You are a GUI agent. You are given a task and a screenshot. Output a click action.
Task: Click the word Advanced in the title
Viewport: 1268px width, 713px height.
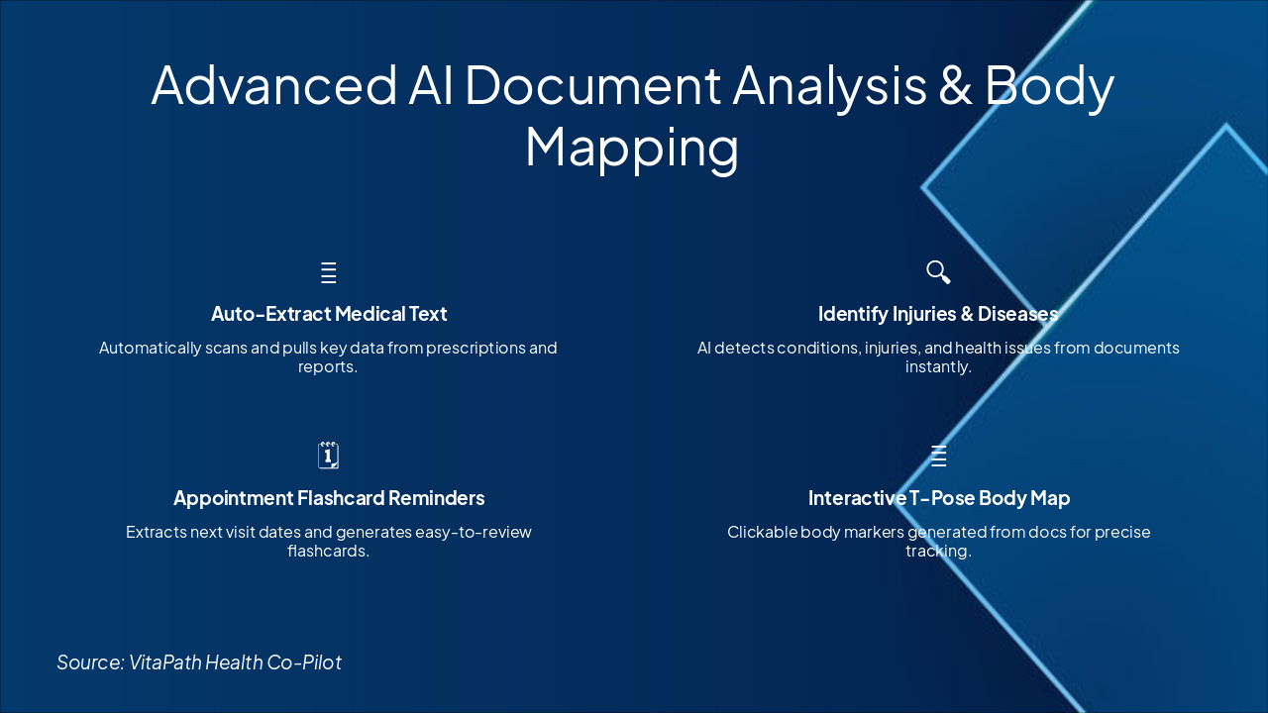coord(273,85)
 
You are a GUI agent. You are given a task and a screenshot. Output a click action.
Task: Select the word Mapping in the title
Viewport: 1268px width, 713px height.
coord(632,147)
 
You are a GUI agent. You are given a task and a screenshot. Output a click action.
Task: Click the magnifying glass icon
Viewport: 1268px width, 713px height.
coord(938,272)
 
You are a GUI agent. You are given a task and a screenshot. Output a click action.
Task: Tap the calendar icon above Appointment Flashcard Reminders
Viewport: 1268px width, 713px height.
coord(328,456)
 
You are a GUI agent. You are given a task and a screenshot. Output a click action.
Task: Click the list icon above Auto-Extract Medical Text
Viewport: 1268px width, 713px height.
coord(329,273)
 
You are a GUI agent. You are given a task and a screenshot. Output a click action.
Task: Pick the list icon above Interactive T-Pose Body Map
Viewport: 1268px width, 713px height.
coord(939,457)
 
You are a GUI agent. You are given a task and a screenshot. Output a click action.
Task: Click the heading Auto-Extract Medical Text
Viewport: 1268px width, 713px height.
coord(329,314)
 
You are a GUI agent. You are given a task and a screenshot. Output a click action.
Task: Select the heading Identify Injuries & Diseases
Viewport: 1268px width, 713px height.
coord(938,314)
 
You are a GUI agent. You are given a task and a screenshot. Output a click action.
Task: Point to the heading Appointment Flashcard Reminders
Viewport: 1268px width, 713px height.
coord(329,498)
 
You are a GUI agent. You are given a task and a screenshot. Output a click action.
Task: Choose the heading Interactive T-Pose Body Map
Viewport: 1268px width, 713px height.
coord(939,498)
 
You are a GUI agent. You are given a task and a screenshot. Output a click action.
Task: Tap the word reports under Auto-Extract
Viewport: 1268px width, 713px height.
coord(327,367)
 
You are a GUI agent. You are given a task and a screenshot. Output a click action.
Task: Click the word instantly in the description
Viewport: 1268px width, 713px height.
coord(939,367)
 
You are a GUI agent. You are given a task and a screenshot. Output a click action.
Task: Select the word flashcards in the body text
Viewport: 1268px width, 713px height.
coord(328,552)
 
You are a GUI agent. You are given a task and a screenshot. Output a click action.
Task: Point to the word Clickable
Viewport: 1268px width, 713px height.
coord(762,533)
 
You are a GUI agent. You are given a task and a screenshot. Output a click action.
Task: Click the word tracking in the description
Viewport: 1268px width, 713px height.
coord(937,552)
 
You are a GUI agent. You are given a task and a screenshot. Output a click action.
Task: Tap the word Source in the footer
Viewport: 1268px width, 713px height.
coord(90,662)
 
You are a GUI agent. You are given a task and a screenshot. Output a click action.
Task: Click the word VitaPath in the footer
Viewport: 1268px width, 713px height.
coord(165,662)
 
